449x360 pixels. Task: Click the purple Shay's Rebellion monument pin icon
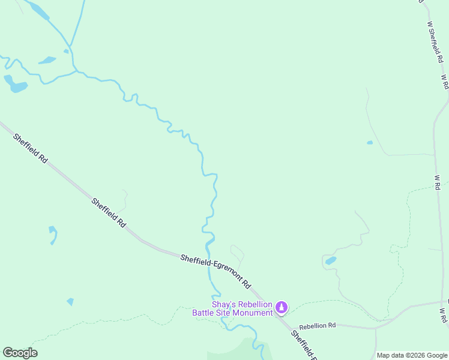click(x=281, y=308)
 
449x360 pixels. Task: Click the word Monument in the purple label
click(x=252, y=313)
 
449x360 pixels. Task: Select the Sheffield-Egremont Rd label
click(x=215, y=272)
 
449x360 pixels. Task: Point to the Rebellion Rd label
click(x=318, y=326)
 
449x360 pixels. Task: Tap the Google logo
click(x=20, y=353)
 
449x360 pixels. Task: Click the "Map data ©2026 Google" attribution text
click(x=412, y=355)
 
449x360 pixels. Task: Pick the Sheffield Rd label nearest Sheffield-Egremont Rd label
click(x=109, y=212)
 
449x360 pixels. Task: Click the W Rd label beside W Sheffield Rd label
click(x=445, y=82)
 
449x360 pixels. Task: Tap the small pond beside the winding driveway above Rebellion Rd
click(x=330, y=260)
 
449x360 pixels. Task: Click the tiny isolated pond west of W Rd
click(x=369, y=143)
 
